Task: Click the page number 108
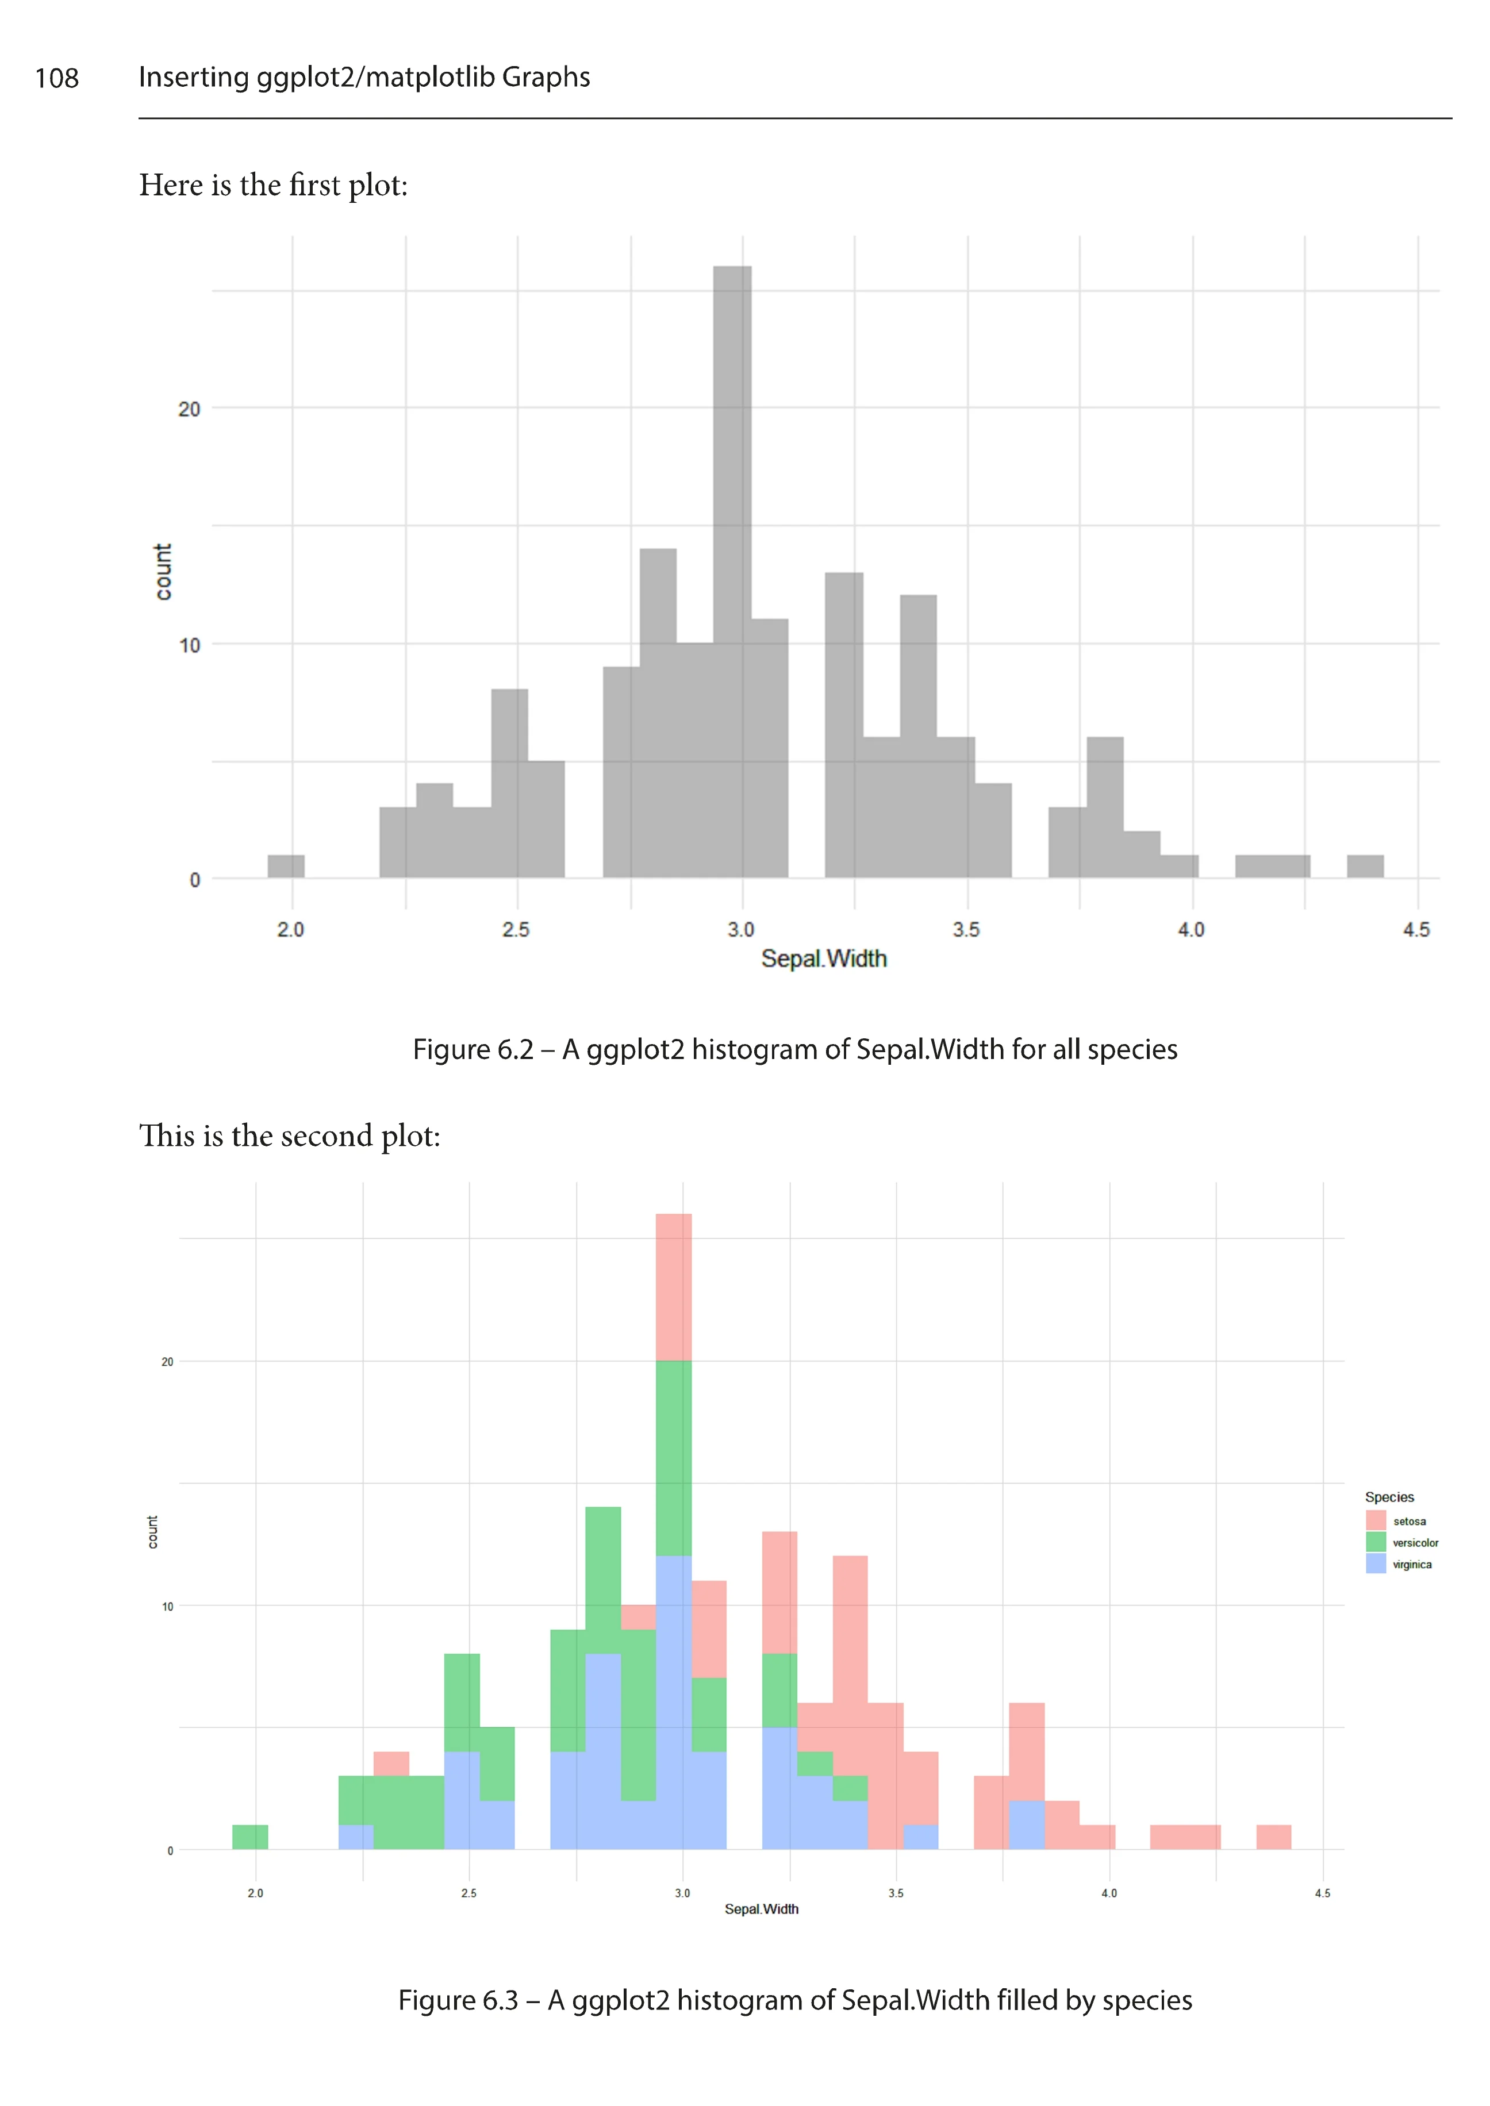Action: point(57,78)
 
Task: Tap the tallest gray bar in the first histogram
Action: point(732,569)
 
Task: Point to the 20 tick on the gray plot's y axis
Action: point(189,409)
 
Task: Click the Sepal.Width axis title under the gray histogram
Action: point(823,958)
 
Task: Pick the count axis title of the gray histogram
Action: point(163,571)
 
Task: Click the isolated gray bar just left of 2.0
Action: point(285,867)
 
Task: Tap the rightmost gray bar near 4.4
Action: point(1364,867)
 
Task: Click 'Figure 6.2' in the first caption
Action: point(473,1049)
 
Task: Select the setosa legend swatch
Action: point(1375,1521)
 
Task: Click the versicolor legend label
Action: point(1415,1543)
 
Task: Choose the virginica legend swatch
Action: point(1375,1564)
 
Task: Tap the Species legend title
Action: point(1389,1497)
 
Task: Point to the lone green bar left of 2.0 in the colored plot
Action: point(249,1837)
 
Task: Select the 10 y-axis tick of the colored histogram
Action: point(167,1606)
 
